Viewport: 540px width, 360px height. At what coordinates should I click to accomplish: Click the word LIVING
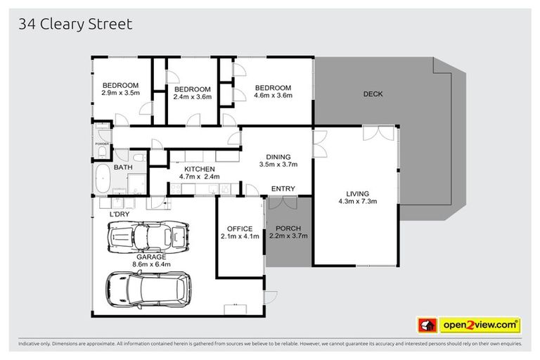click(358, 193)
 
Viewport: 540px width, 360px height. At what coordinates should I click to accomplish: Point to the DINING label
click(278, 157)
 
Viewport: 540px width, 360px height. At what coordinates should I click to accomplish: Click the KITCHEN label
click(200, 169)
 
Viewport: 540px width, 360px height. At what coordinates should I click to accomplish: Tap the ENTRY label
click(283, 188)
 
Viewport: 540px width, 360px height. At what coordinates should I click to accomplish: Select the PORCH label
click(289, 229)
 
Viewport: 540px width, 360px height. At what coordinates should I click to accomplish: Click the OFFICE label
click(239, 229)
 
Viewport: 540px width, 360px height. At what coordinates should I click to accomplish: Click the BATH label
click(124, 167)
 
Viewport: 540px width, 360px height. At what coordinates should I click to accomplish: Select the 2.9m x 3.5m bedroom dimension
click(122, 93)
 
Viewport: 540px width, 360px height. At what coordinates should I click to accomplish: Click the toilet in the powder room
click(102, 151)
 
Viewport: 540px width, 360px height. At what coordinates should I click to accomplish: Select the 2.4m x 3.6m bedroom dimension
click(192, 97)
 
